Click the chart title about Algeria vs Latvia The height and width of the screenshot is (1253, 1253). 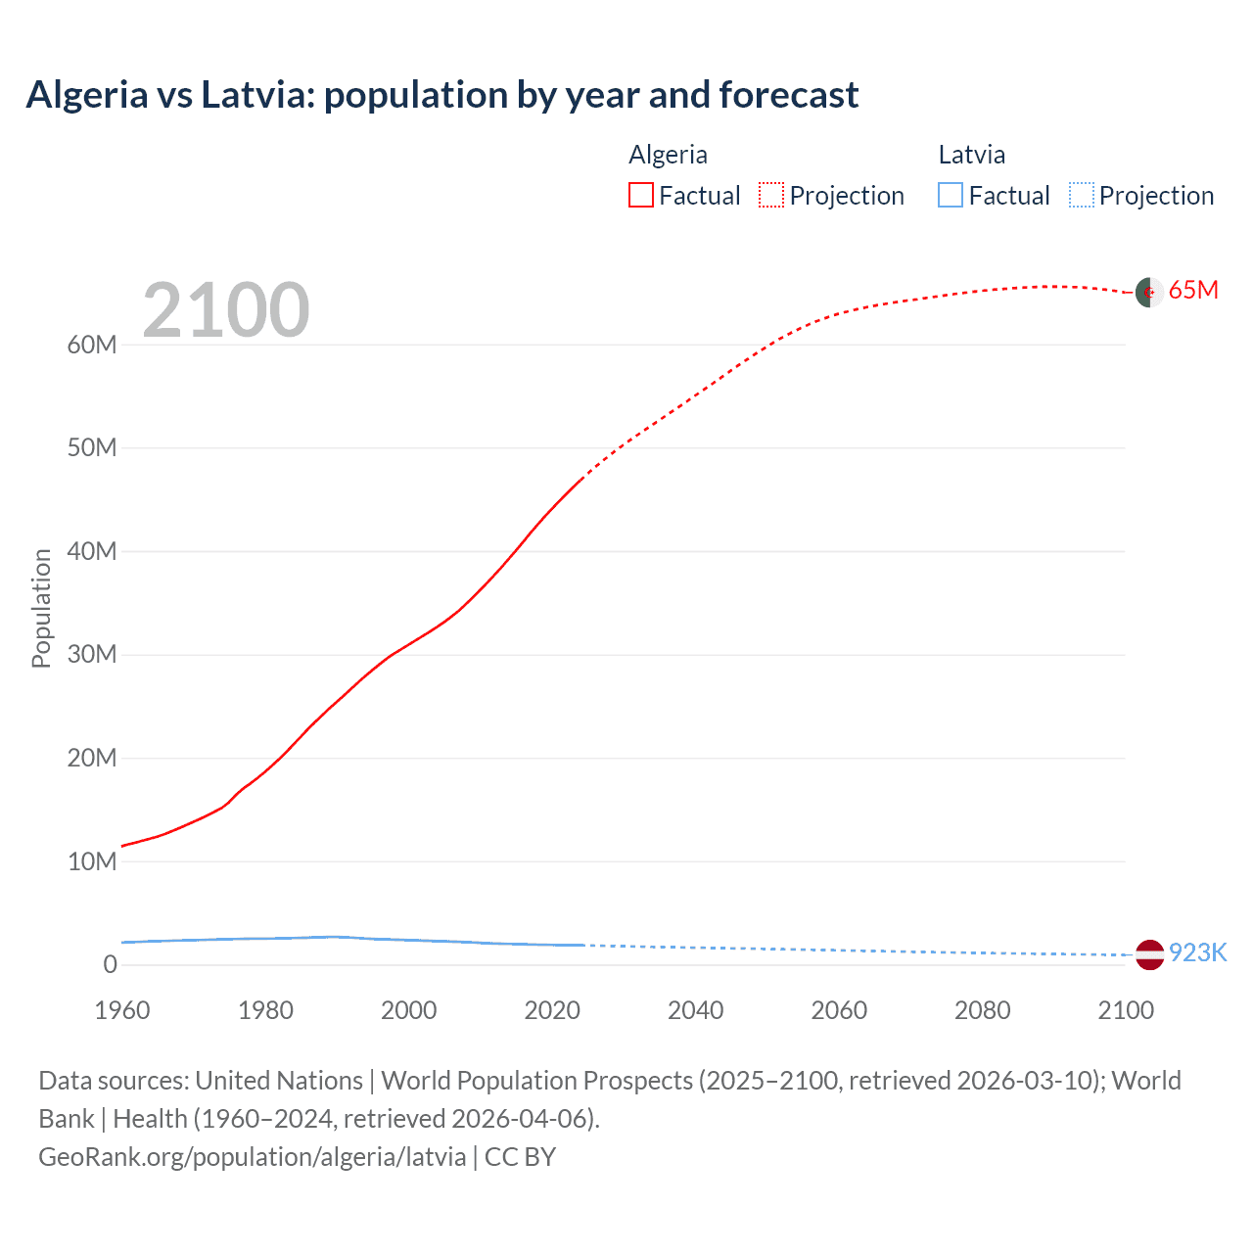442,95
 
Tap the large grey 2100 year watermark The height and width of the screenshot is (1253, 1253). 226,310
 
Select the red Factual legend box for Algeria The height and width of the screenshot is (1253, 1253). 640,196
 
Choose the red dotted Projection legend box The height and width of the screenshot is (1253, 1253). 771,196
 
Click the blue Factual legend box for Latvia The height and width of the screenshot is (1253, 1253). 951,196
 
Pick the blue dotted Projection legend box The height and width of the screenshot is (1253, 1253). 1082,196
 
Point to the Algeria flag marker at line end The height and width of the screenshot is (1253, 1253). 1149,292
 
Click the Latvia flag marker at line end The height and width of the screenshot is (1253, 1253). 1149,953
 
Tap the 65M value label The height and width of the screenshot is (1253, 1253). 1193,291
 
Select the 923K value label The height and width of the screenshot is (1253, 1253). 1197,953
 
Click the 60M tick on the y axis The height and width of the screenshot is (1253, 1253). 92,345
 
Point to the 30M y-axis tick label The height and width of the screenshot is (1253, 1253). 92,654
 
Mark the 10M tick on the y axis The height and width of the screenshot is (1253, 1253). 92,861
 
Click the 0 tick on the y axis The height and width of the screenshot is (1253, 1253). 110,964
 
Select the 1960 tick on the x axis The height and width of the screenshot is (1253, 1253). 122,1010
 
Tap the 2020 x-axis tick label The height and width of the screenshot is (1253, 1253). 552,1010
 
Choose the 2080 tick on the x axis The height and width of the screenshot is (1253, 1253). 982,1010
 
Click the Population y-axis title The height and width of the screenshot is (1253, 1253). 41,608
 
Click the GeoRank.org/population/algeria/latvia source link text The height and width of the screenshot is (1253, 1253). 253,1157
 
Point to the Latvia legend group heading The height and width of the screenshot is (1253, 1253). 971,155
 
